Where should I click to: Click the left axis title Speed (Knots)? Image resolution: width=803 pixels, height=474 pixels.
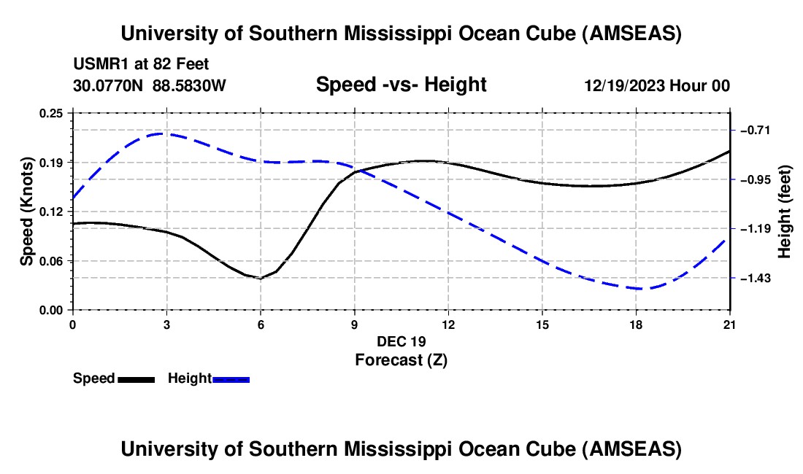coord(26,211)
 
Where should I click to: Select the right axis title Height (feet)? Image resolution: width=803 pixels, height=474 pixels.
coord(785,211)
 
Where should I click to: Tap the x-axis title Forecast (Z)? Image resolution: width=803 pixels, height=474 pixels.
coord(401,360)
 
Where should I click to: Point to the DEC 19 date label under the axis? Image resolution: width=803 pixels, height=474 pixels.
coord(401,341)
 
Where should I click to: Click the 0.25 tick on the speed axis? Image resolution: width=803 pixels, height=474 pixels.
coord(52,113)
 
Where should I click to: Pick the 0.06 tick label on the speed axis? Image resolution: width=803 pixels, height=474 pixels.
coord(52,261)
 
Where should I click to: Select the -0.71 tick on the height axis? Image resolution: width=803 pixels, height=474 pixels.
coord(754,131)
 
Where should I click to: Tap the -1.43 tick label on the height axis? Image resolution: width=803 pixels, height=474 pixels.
coord(754,279)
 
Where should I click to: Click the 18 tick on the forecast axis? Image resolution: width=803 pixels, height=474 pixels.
coord(636,323)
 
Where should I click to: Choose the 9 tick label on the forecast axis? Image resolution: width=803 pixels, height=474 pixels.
coord(354,323)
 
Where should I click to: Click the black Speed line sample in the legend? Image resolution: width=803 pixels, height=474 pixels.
coord(136,379)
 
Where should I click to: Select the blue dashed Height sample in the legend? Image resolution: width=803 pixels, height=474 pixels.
coord(231,379)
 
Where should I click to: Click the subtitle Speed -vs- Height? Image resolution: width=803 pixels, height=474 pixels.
coord(401,85)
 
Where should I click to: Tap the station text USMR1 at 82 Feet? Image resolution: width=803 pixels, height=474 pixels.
coord(142,64)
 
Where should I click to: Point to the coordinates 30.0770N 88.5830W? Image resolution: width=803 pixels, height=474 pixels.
coord(150,85)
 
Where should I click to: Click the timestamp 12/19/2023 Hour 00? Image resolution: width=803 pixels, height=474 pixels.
coord(657,85)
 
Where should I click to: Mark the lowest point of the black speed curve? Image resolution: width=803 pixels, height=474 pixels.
coord(259,279)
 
